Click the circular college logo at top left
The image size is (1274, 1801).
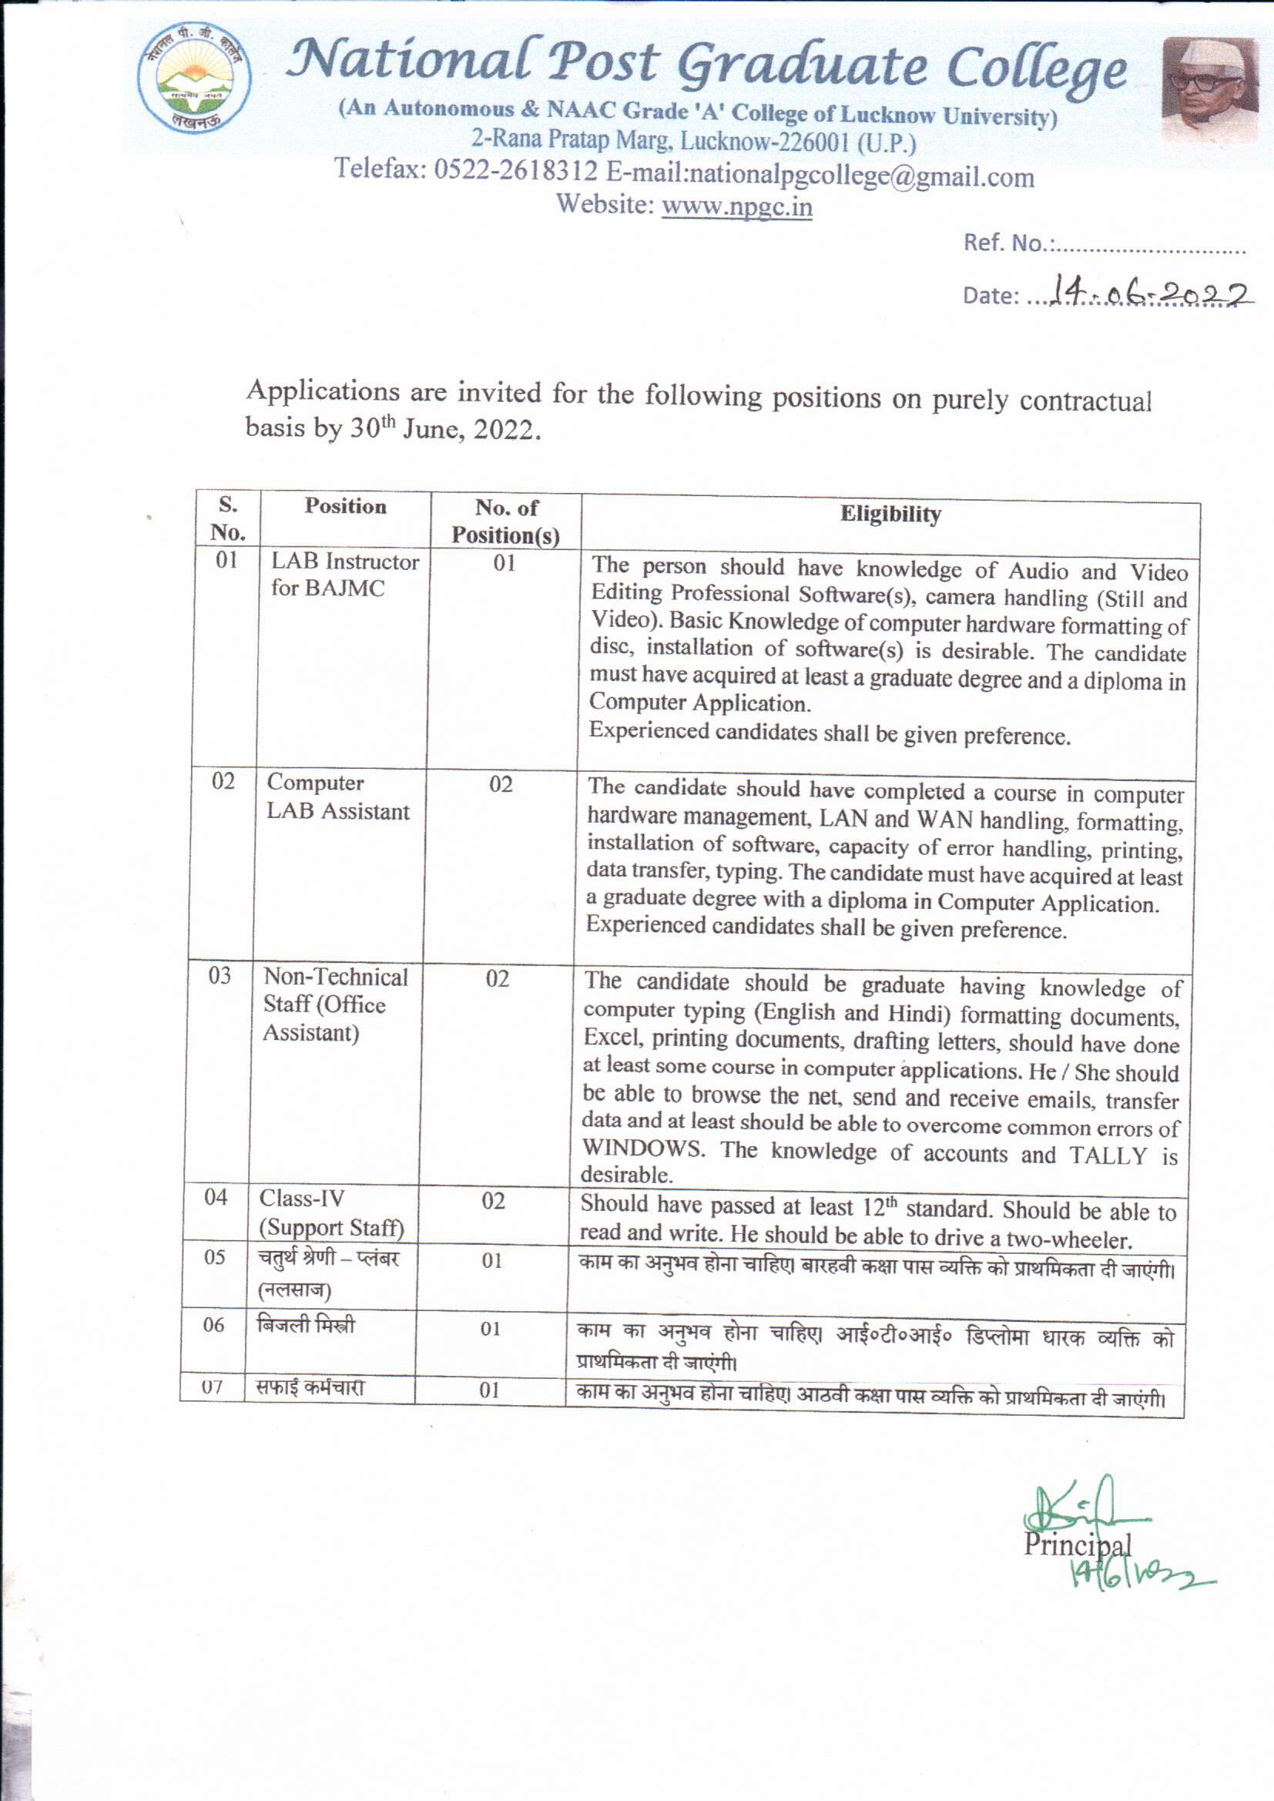[x=194, y=77]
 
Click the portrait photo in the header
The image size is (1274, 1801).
[x=1209, y=88]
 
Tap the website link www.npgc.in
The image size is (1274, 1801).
[x=736, y=206]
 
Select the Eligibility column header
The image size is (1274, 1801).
[x=890, y=515]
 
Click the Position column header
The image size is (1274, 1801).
[x=345, y=507]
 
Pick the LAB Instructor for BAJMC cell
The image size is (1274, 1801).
[x=344, y=574]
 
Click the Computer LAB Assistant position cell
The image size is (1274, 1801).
[x=337, y=797]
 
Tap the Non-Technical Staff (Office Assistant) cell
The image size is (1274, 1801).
[x=334, y=1004]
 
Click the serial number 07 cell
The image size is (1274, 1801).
[x=213, y=1387]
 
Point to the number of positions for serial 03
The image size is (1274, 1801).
[x=498, y=979]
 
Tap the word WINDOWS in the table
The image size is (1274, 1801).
[x=643, y=1149]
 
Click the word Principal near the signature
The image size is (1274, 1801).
[x=1076, y=1544]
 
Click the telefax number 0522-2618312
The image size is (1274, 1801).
[x=515, y=169]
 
